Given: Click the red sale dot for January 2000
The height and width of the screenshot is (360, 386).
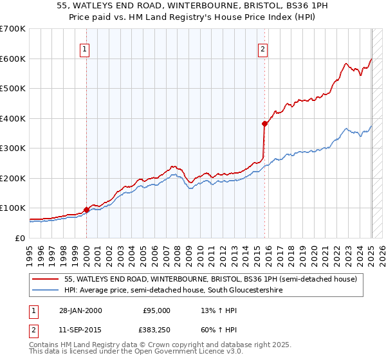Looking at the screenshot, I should tap(86, 210).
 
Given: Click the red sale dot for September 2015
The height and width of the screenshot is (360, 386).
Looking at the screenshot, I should tap(264, 123).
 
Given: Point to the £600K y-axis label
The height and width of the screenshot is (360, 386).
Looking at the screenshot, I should tap(13, 59).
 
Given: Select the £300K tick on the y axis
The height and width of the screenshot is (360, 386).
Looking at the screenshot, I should tap(13, 148).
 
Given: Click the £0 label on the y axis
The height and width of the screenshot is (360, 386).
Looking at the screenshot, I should tap(19, 238).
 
